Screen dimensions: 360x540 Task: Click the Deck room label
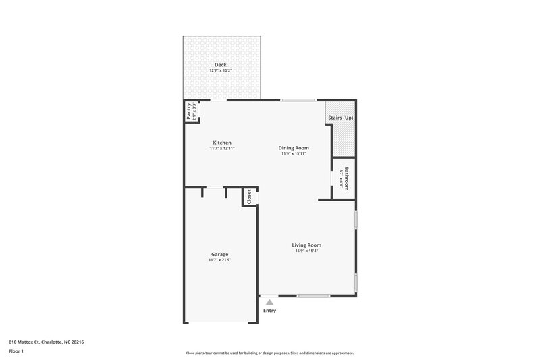coord(220,65)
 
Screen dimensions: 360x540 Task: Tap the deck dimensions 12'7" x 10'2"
coord(220,70)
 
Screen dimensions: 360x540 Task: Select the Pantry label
coord(188,111)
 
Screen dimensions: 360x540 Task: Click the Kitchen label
coord(222,143)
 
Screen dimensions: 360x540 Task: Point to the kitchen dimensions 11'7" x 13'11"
coord(222,149)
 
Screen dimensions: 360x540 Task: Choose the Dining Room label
coord(294,148)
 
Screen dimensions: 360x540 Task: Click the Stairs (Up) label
coord(340,118)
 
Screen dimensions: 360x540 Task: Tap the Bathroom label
coord(346,178)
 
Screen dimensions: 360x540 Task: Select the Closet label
coord(249,197)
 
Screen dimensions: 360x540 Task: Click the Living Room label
coord(306,245)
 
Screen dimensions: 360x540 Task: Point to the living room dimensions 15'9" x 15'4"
coord(306,251)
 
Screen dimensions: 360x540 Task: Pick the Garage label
coord(219,254)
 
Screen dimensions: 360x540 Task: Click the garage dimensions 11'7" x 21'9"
coord(219,260)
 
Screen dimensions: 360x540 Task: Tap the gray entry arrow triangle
coord(269,301)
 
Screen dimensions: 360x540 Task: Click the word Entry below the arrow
coord(269,311)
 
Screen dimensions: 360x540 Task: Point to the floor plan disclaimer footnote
coord(269,353)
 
